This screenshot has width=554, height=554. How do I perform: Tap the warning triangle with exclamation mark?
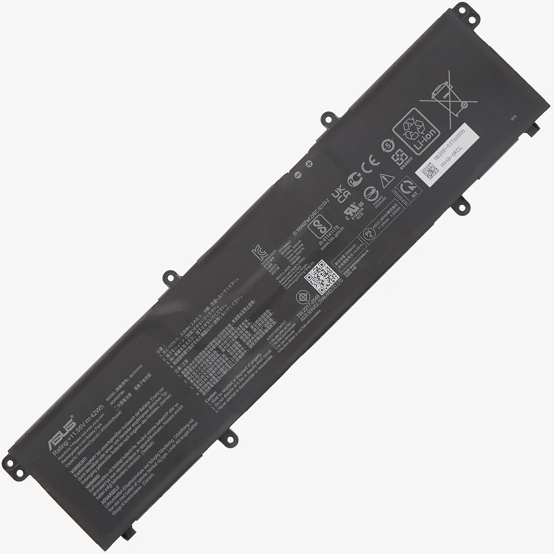[x=385, y=177]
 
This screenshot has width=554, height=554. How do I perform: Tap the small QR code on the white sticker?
[x=427, y=174]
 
